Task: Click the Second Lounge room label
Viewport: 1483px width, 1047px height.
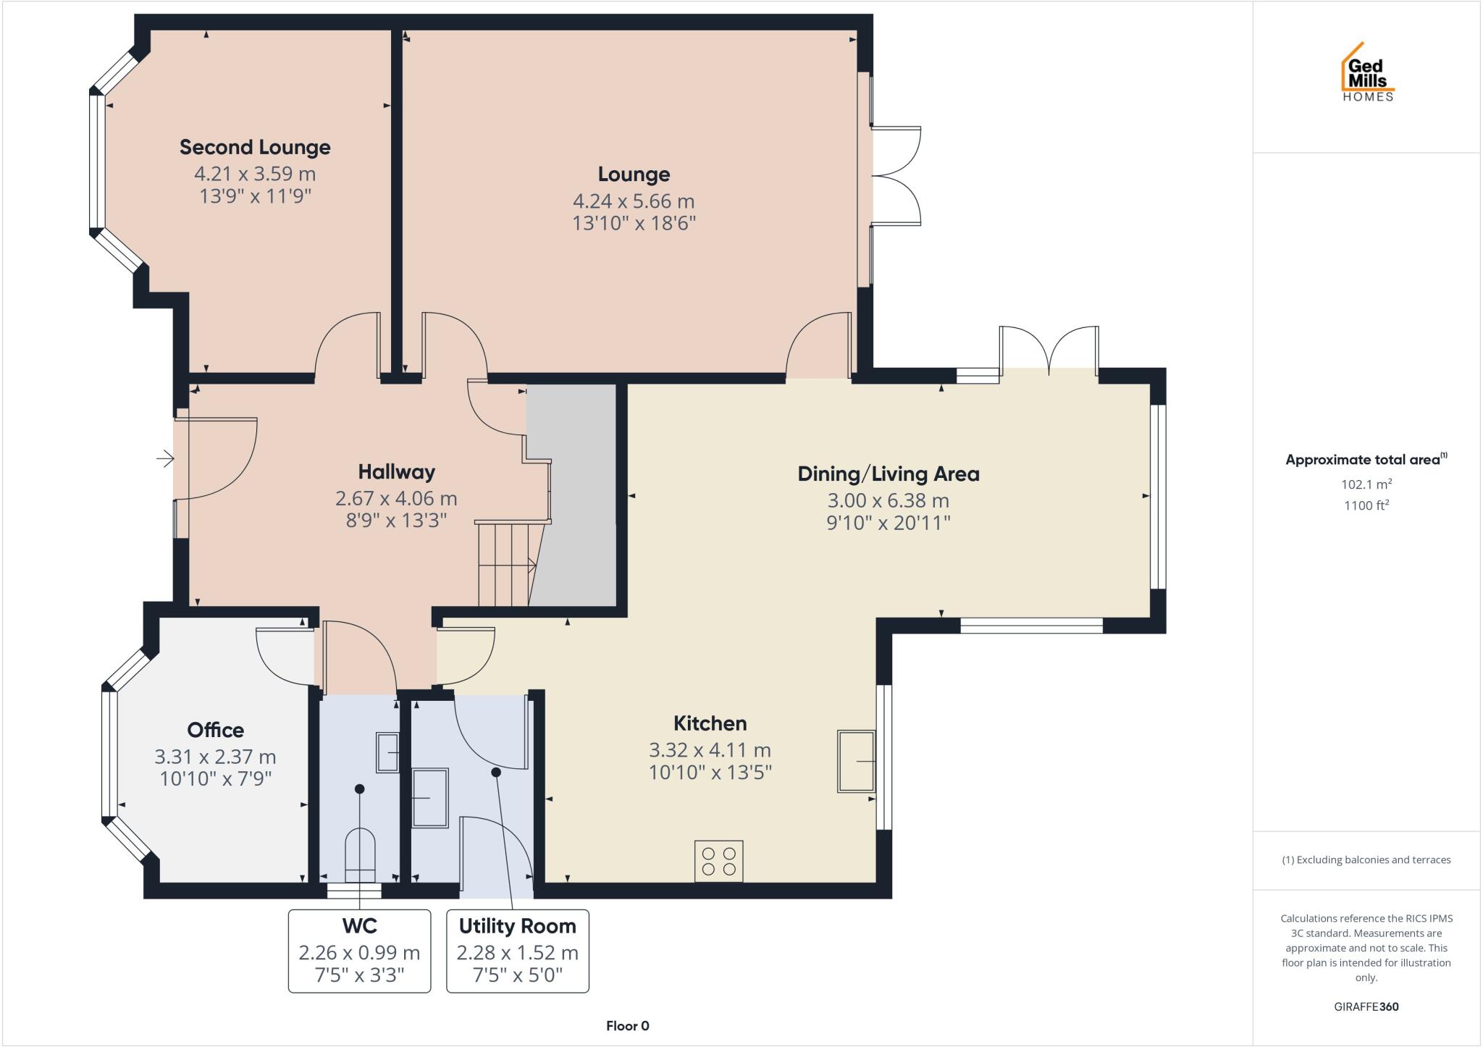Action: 255,147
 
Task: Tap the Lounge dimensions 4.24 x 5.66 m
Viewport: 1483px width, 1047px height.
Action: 634,201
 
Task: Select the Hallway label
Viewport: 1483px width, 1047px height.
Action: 396,472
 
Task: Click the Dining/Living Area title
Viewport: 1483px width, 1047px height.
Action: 888,474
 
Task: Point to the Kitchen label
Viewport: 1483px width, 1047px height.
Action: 710,723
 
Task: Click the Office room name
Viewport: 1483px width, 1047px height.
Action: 215,730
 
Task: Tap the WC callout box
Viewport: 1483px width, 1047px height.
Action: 359,951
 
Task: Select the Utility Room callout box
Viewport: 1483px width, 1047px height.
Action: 517,951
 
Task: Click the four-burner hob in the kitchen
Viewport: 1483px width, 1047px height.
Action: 718,861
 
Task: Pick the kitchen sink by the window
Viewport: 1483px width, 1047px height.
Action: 856,761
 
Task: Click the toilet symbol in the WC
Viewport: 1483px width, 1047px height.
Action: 360,853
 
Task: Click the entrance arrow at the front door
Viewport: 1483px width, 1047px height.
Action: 165,458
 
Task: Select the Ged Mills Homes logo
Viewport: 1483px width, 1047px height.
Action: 1367,73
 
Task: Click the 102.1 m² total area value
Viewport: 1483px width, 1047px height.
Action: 1366,484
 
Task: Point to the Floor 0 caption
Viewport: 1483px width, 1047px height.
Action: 627,1026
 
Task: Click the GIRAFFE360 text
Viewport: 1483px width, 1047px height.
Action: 1366,1006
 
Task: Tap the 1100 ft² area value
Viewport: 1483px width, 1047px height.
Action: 1366,505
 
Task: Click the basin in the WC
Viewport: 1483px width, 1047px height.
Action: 387,752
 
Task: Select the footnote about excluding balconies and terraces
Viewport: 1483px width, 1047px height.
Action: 1366,860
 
